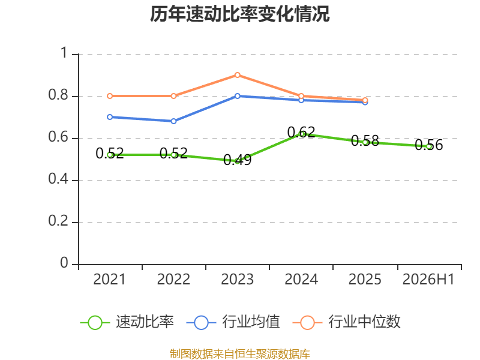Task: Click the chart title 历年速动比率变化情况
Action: [x=239, y=14]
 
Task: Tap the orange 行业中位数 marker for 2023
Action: [x=237, y=75]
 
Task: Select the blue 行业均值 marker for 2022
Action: [x=173, y=121]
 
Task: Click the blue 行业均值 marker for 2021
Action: [x=110, y=117]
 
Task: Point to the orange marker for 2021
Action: [x=110, y=96]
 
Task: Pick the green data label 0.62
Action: [x=301, y=132]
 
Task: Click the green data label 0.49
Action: [x=237, y=160]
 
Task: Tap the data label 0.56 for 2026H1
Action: [x=428, y=145]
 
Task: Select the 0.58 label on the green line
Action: [x=365, y=140]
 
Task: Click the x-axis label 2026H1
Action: [x=428, y=279]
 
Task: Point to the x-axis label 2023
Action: [x=237, y=279]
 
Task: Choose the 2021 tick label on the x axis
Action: [x=110, y=279]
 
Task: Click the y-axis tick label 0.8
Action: [x=58, y=95]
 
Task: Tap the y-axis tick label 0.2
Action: [x=58, y=221]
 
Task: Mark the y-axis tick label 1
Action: [x=64, y=53]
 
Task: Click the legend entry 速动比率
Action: [x=127, y=322]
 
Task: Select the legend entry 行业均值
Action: [x=233, y=322]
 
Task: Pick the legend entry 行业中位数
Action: [x=347, y=322]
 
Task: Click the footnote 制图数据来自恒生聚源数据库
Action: [x=239, y=354]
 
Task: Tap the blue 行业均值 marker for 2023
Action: [x=237, y=96]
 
